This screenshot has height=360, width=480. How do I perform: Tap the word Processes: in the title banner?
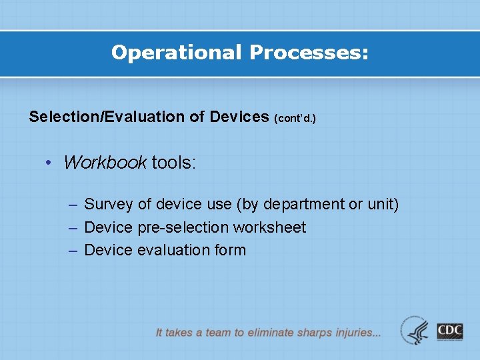308,53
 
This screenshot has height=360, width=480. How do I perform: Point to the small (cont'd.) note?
295,119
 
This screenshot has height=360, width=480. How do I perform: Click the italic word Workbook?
105,163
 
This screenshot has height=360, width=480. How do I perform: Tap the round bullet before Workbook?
49,163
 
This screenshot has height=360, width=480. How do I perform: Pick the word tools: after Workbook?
173,163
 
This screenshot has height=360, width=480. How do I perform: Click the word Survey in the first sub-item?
108,205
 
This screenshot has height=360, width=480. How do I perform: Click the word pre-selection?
183,227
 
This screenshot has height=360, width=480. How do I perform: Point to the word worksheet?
269,227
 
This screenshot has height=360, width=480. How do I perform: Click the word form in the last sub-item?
230,250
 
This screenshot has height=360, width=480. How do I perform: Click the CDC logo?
450,331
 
